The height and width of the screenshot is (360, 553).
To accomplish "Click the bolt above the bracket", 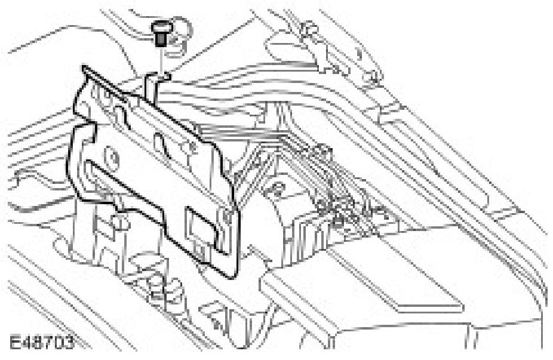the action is pos(159,33).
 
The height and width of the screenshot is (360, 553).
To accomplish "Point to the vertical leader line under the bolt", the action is pos(160,60).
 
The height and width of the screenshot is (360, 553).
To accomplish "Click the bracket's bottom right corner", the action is pos(230,276).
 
